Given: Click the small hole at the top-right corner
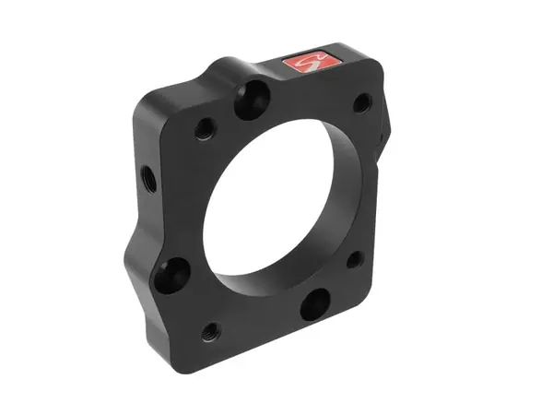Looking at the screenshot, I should [x=362, y=102].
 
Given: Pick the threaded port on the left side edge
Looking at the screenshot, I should [x=147, y=175].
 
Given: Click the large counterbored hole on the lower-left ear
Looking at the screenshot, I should [x=171, y=274].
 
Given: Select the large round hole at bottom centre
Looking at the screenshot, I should [x=314, y=303].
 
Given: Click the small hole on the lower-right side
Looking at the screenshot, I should [x=353, y=260].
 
